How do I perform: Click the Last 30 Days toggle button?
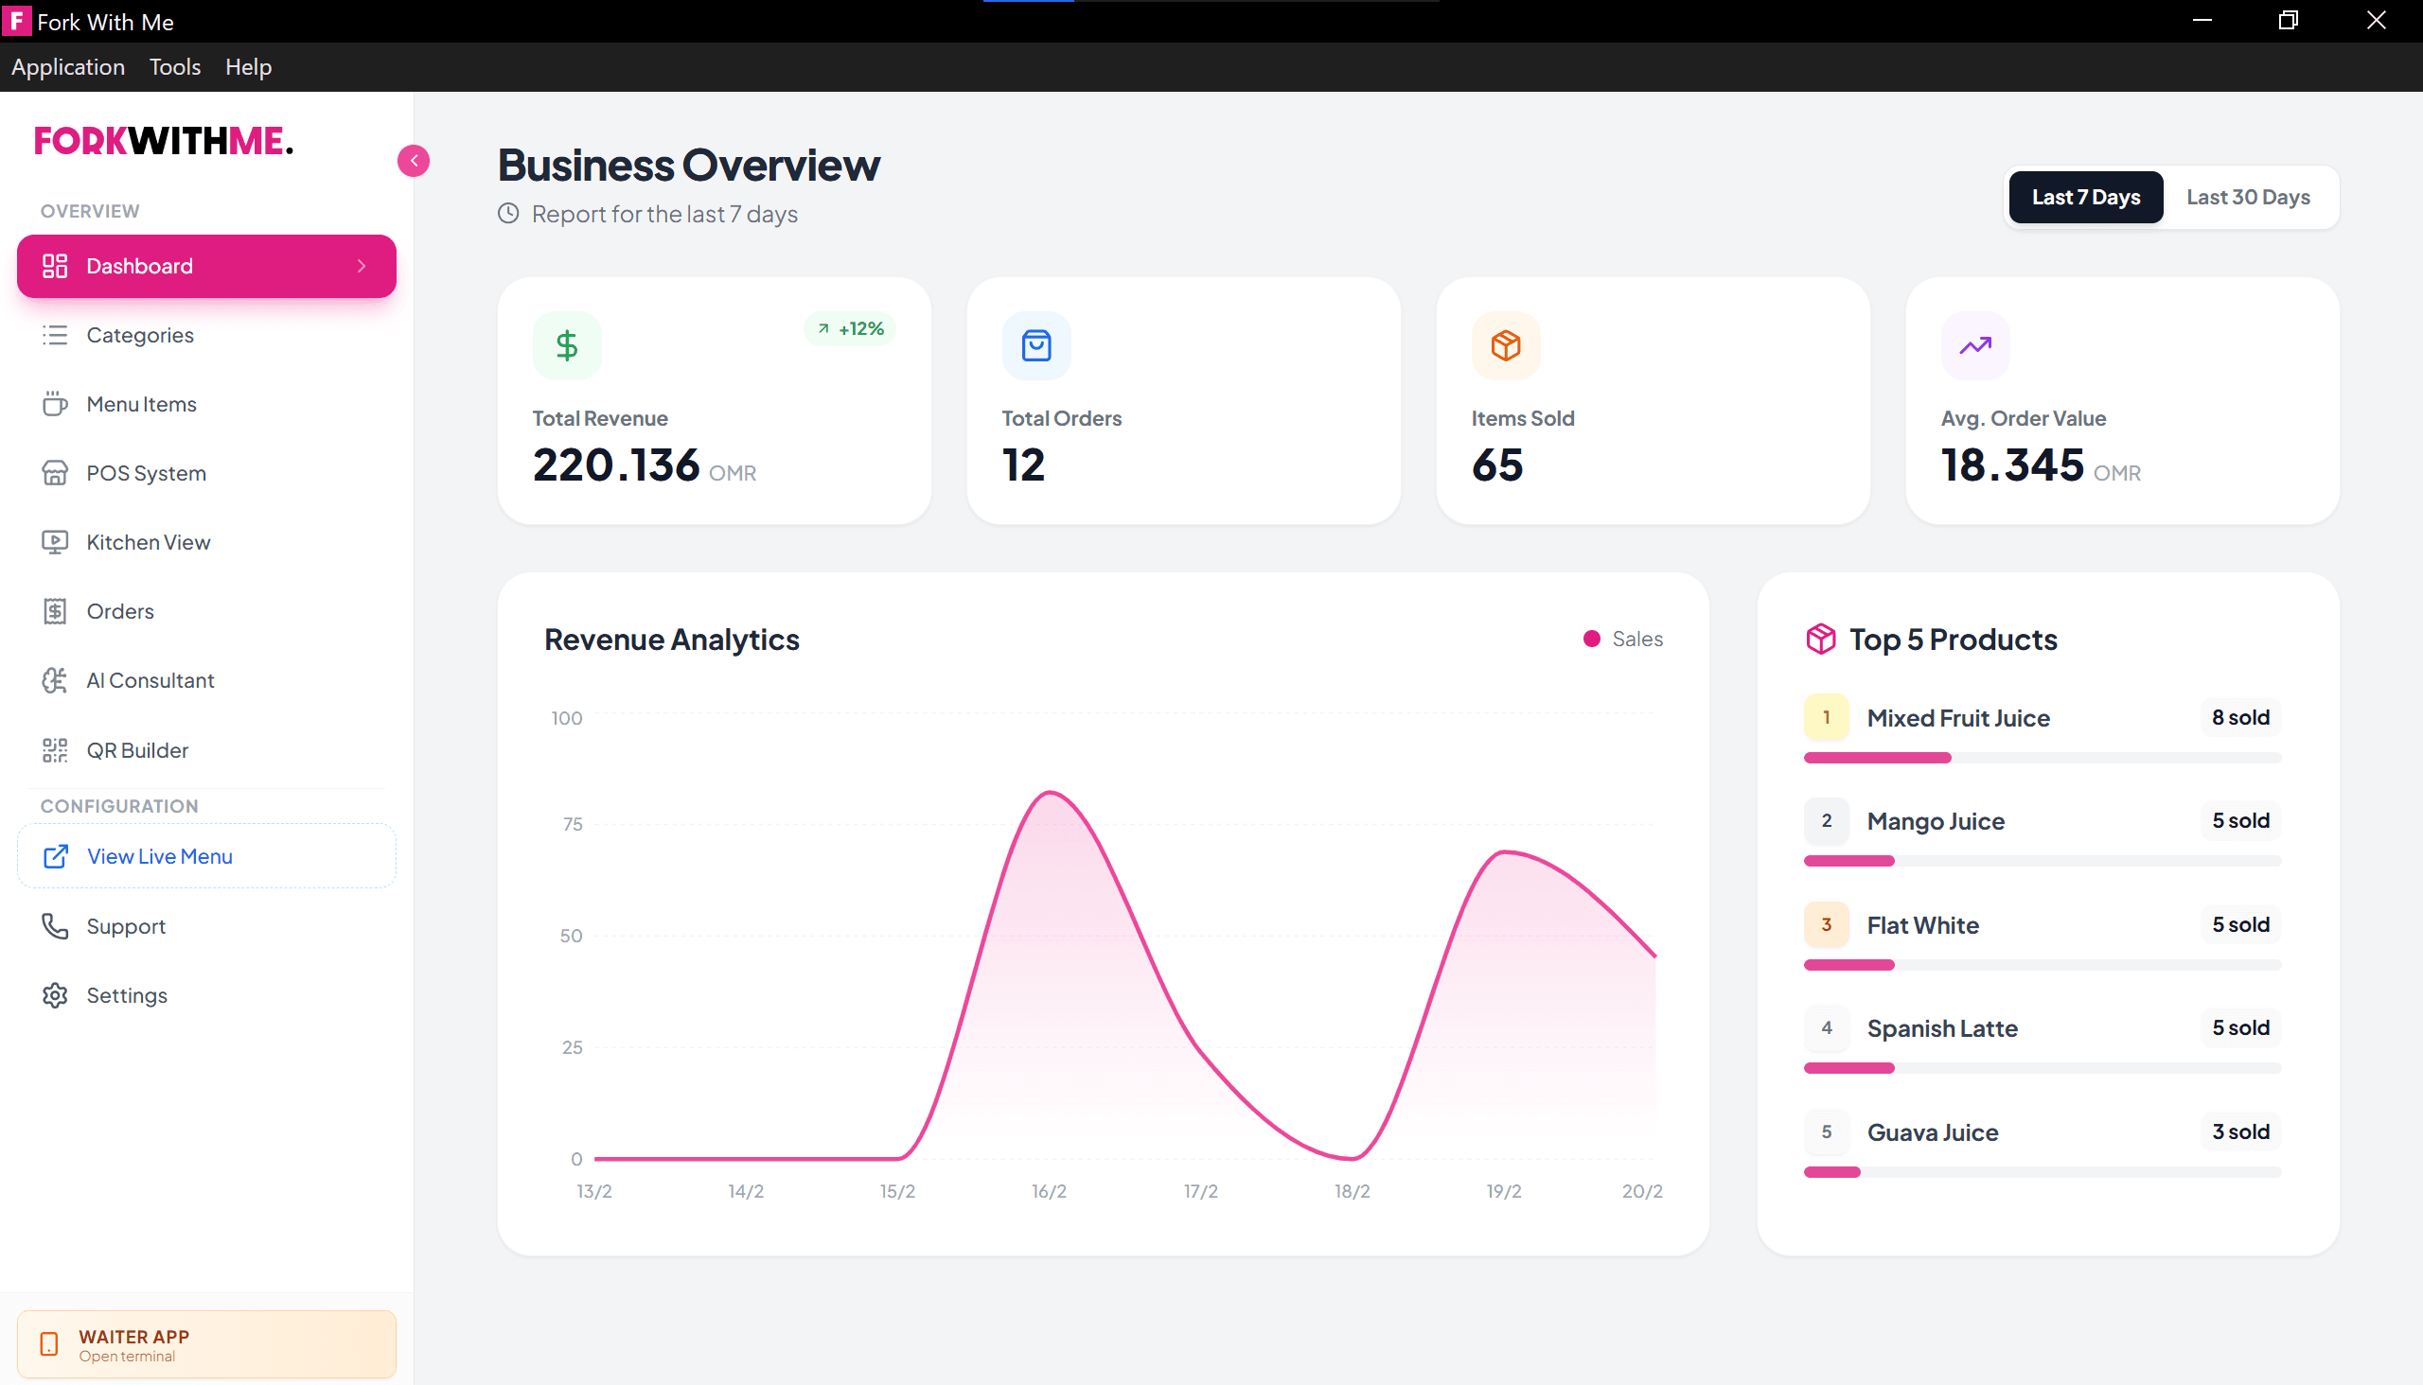[2247, 197]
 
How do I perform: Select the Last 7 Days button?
[2085, 197]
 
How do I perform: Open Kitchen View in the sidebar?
[148, 542]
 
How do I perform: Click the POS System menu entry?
[146, 473]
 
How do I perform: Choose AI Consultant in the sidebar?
[150, 680]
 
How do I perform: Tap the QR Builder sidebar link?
[137, 749]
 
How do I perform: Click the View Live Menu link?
[159, 856]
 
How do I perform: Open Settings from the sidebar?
[127, 995]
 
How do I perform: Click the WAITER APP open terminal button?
[206, 1344]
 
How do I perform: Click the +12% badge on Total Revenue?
[850, 328]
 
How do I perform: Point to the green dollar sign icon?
[567, 345]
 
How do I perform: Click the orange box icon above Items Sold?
[1506, 345]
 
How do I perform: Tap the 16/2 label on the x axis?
[1049, 1191]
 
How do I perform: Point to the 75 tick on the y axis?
[572, 824]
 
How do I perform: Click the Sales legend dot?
[1591, 640]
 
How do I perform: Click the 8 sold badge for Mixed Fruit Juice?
[2240, 717]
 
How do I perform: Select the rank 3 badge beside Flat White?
[1826, 924]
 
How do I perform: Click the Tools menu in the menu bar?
[175, 66]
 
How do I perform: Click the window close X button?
[2376, 21]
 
